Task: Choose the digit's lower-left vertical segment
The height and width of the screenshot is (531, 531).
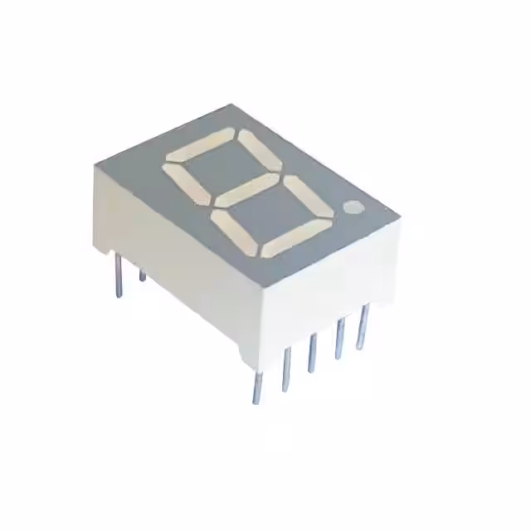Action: point(234,232)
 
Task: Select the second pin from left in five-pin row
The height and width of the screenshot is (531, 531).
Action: point(285,368)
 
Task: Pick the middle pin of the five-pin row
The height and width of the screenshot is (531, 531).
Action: point(311,353)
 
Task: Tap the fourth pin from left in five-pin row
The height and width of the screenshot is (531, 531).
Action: point(338,339)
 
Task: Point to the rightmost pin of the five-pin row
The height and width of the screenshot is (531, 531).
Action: point(362,326)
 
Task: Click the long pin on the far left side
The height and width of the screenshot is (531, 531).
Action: point(119,275)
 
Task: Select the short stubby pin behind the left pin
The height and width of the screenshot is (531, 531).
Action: point(142,274)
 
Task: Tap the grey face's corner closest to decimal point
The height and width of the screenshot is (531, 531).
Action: point(399,217)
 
